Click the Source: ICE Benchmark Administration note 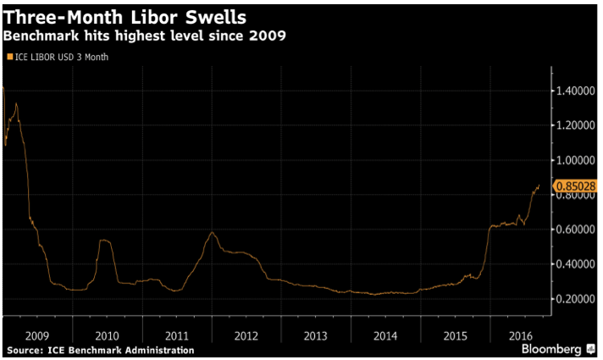click(x=100, y=350)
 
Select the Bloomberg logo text click(x=551, y=348)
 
